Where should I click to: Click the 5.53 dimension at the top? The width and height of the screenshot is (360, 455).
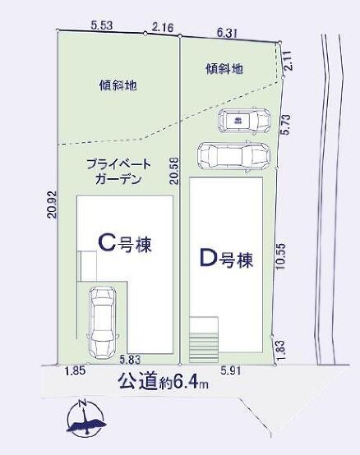click(102, 25)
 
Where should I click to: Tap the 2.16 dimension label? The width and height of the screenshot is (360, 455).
click(163, 28)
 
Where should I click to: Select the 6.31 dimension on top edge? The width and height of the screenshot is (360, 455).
click(227, 33)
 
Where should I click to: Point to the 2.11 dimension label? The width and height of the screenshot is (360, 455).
click(288, 61)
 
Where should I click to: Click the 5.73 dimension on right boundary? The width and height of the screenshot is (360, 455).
click(286, 124)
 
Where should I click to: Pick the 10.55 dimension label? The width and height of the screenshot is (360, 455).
click(281, 256)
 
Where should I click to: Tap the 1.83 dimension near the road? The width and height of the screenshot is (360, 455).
click(281, 351)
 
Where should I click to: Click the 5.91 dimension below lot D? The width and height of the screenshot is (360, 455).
click(230, 371)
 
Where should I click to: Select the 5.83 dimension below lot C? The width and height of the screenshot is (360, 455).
click(130, 360)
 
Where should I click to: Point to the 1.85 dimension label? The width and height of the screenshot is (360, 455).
click(75, 371)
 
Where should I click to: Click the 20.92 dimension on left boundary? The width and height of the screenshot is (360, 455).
click(53, 205)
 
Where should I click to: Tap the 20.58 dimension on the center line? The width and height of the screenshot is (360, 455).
click(174, 171)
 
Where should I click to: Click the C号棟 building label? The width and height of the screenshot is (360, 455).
click(125, 244)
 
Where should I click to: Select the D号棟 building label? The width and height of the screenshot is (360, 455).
click(227, 259)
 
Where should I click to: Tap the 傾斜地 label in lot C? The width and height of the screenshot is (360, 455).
click(118, 85)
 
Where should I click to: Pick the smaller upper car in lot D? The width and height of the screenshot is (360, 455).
click(244, 121)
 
